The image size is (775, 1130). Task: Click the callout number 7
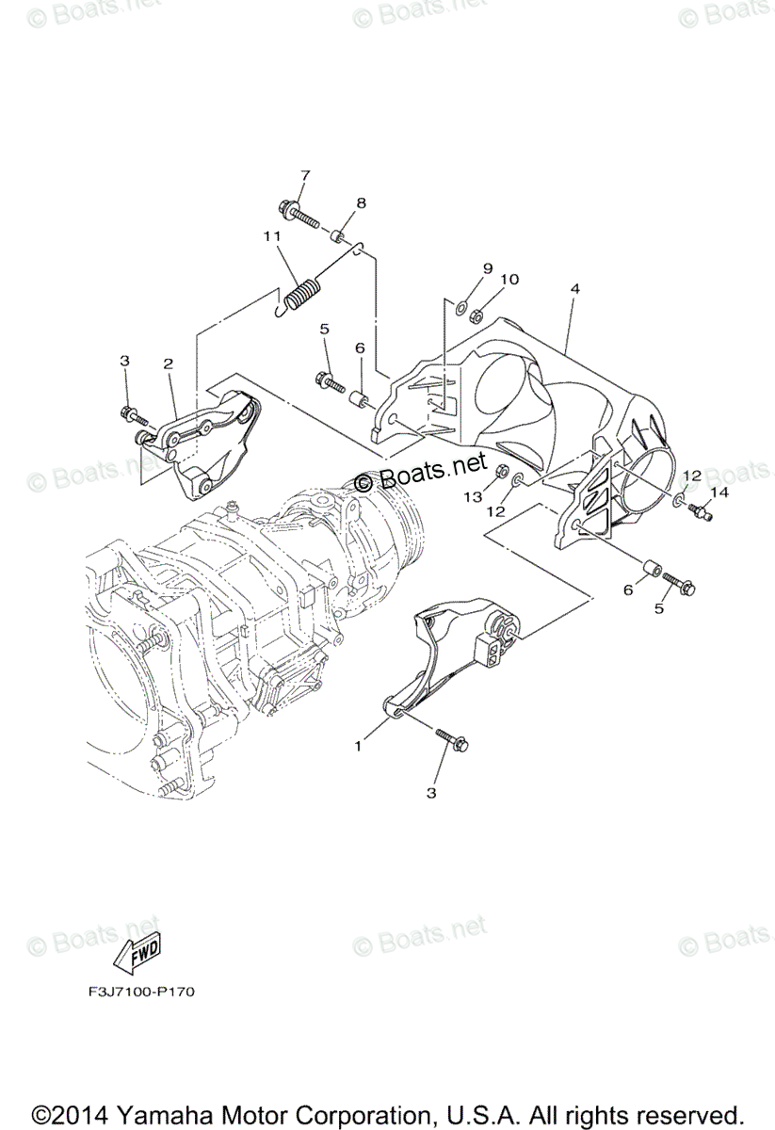point(279,175)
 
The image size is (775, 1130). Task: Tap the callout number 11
point(272,235)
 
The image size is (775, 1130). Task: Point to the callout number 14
point(719,492)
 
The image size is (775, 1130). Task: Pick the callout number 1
point(359,746)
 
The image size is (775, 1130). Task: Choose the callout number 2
point(168,363)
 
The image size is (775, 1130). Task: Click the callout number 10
point(509,279)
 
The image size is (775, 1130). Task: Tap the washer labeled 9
point(462,307)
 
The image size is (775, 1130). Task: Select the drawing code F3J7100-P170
point(130,992)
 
